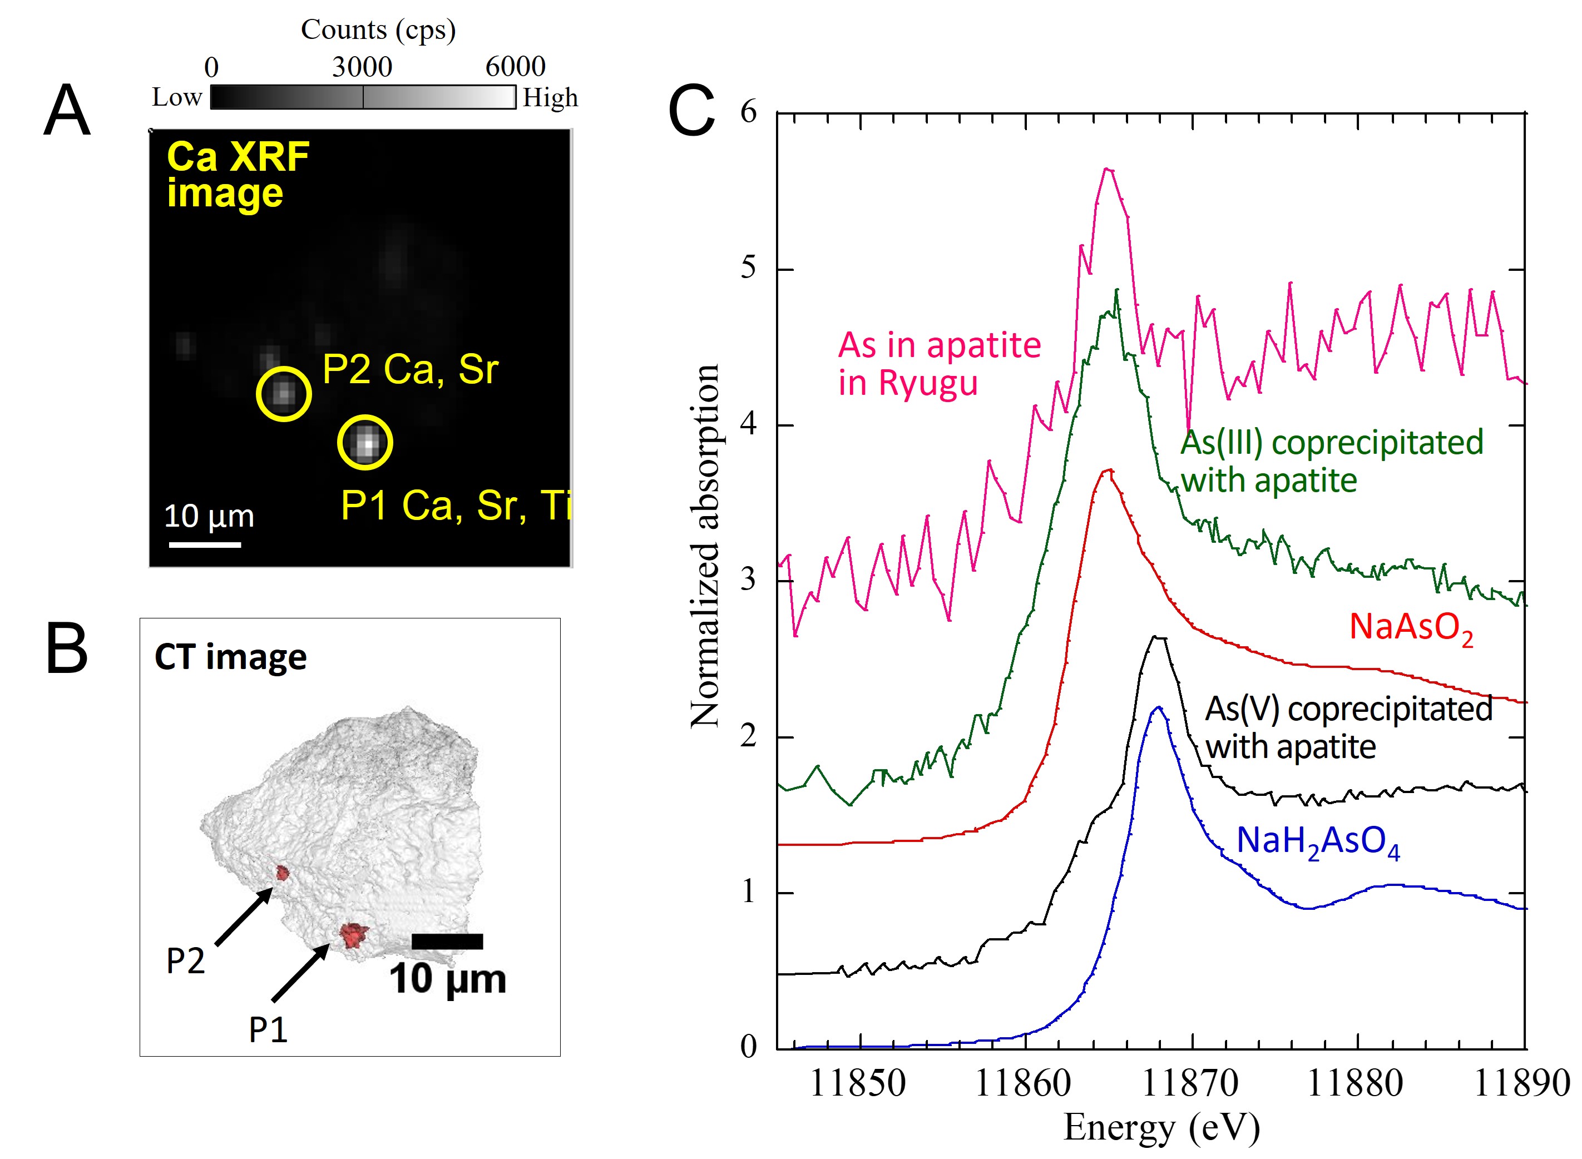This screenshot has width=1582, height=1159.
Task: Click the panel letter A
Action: tap(67, 110)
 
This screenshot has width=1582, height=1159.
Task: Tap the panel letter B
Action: tap(67, 648)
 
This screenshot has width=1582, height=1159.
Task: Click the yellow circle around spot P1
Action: tap(365, 442)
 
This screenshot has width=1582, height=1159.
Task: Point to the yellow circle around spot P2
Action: tap(284, 394)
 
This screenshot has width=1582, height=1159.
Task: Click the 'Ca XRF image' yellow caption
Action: tap(237, 174)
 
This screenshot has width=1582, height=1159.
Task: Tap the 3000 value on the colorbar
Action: tap(362, 67)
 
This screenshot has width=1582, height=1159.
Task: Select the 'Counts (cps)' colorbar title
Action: tap(378, 29)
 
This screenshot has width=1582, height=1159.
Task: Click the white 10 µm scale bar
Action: tap(205, 544)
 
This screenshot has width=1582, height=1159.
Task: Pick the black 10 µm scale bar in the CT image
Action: tap(447, 942)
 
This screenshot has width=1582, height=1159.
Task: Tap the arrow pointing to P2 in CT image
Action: tap(244, 917)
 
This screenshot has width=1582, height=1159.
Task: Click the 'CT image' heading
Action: tap(230, 657)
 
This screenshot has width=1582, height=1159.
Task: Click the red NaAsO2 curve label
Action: tap(1410, 627)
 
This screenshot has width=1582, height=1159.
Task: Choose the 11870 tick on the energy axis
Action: tap(1190, 1083)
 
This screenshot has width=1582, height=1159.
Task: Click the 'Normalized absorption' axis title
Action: tap(705, 546)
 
